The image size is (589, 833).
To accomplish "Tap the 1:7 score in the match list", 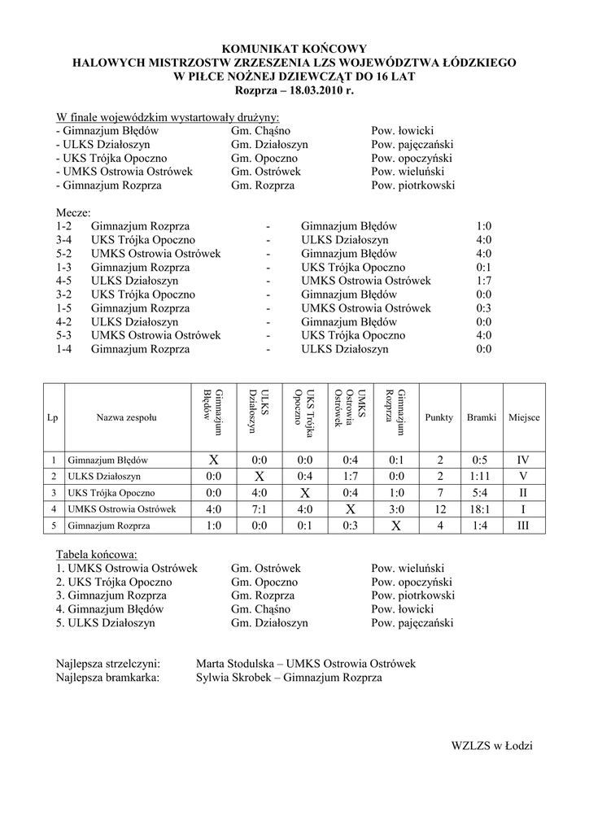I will [484, 281].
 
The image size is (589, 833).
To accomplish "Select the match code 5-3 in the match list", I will [65, 335].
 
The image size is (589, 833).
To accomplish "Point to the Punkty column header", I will [439, 417].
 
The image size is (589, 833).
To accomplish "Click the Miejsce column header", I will [524, 417].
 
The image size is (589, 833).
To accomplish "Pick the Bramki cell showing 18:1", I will [482, 509].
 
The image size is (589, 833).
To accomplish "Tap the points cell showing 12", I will [439, 509].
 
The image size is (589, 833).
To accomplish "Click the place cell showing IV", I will [523, 460].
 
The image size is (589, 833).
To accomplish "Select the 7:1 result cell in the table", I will [260, 509].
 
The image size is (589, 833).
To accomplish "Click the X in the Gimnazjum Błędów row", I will [213, 460].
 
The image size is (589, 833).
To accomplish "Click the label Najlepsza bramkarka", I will [107, 677].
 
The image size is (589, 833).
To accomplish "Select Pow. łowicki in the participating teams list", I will [402, 130].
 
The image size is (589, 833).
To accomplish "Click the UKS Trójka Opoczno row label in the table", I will [111, 493].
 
